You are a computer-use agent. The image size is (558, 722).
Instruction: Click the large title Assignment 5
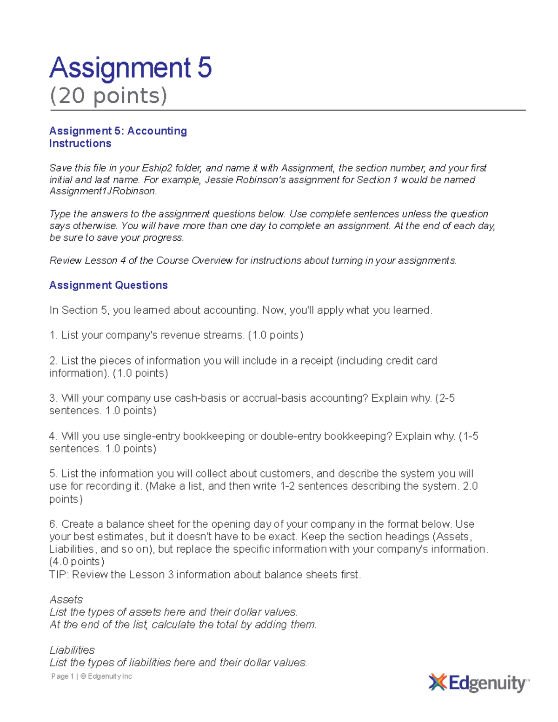click(131, 68)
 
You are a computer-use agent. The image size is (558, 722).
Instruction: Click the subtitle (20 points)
click(108, 96)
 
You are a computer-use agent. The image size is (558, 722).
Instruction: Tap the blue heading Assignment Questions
click(108, 285)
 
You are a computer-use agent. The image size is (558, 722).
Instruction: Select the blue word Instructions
click(80, 143)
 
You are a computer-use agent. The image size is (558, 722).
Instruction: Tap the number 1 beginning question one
click(52, 335)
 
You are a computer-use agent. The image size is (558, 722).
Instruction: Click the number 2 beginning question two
click(52, 361)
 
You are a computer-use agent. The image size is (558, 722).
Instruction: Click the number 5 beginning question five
click(52, 474)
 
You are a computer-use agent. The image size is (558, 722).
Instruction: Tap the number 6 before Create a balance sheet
click(52, 524)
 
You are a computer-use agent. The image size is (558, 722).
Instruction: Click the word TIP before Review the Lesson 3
click(58, 575)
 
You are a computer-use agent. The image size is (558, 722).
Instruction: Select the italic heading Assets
click(66, 600)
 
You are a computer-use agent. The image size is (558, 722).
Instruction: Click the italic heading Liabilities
click(72, 650)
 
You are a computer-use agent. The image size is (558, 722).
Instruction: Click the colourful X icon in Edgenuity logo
click(438, 682)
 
